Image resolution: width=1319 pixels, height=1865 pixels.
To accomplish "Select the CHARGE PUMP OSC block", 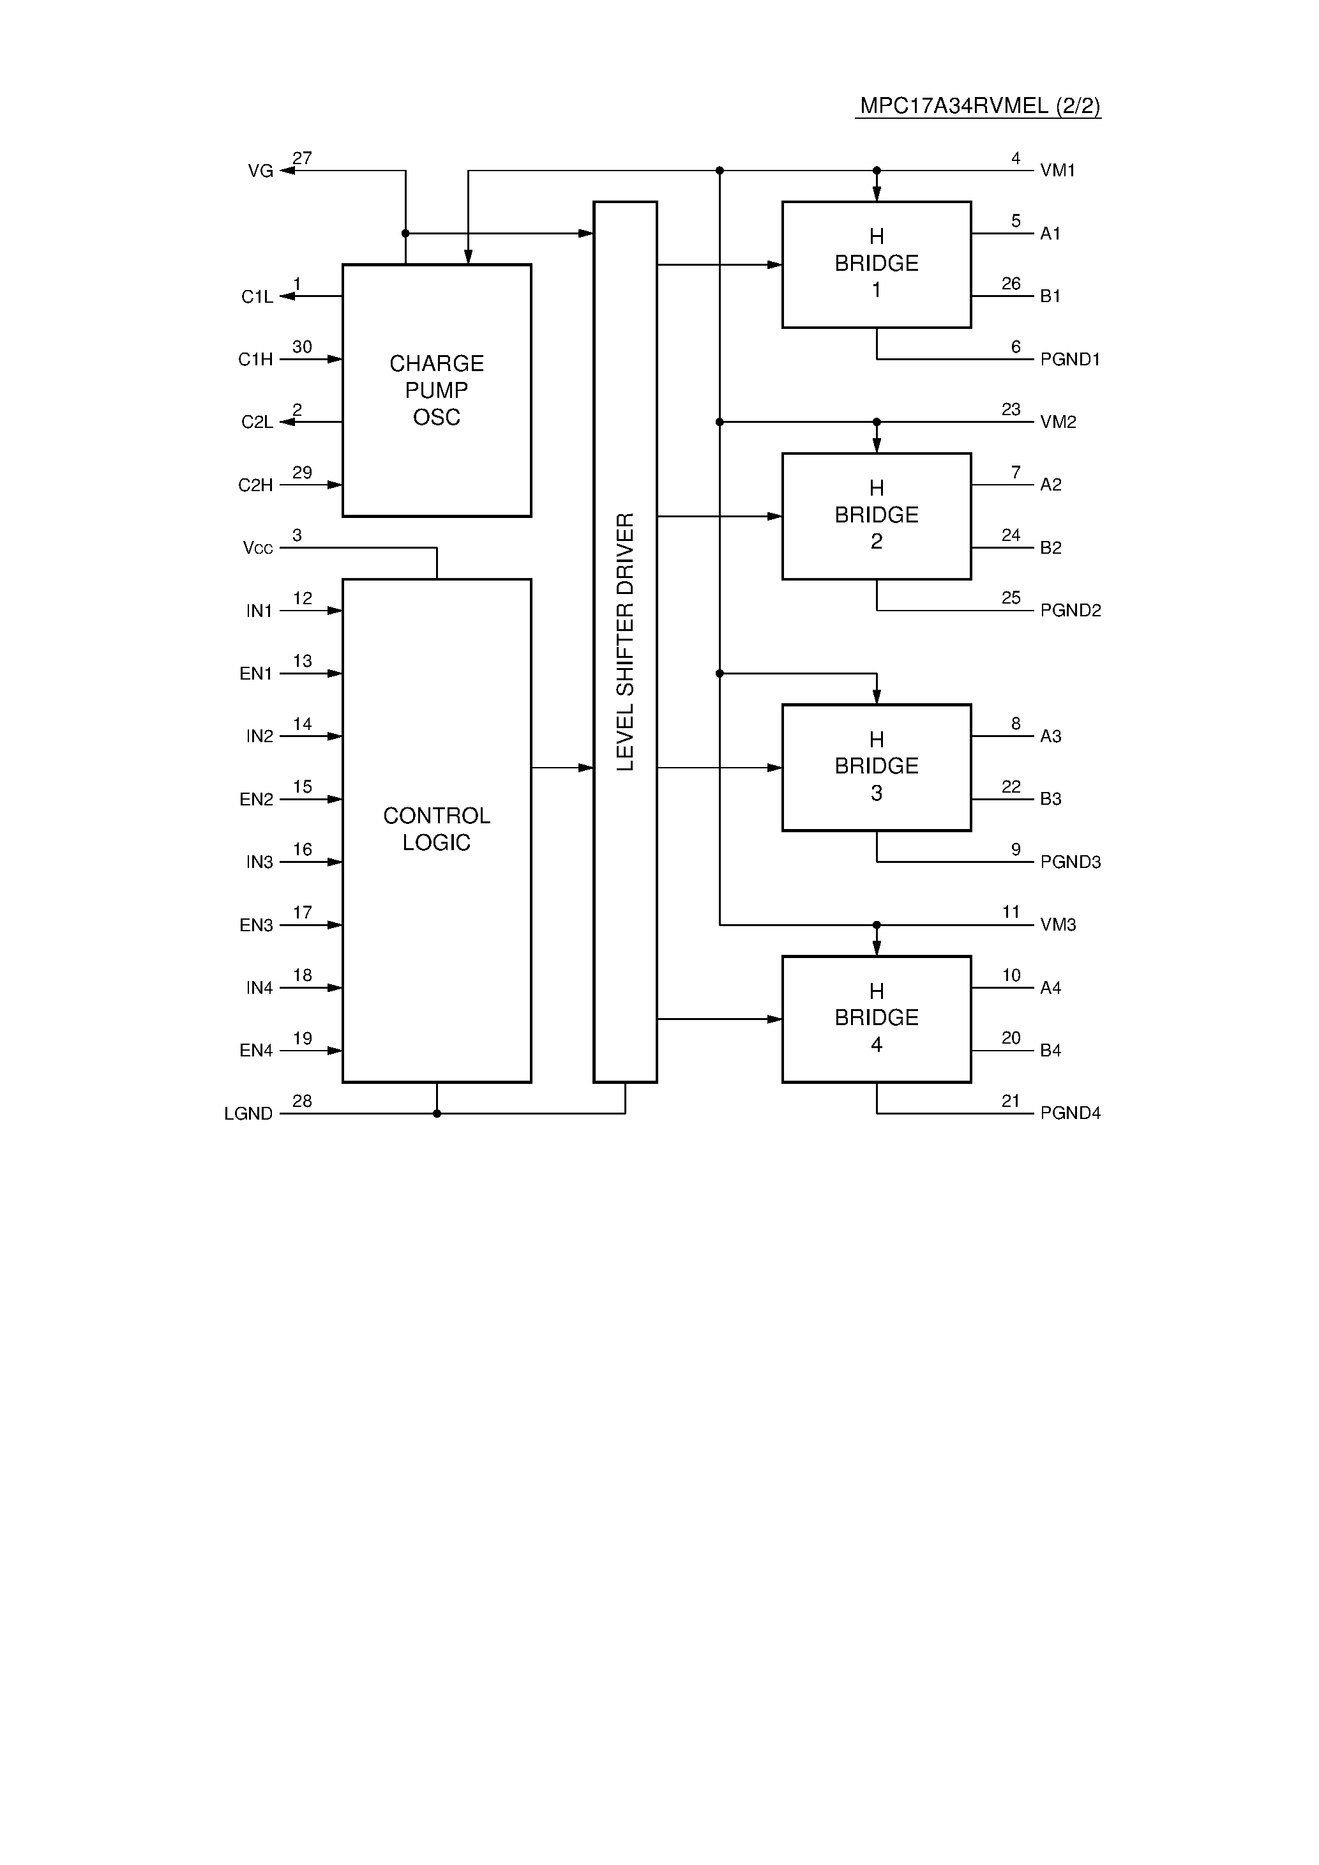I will [436, 390].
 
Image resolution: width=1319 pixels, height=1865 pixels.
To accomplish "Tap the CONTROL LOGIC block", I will [436, 829].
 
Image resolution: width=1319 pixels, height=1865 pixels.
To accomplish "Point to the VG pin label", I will [260, 171].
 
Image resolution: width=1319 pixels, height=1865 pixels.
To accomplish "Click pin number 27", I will [302, 158].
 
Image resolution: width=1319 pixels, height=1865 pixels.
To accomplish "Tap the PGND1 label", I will [1069, 359].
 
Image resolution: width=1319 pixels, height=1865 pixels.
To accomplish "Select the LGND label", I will [248, 1114].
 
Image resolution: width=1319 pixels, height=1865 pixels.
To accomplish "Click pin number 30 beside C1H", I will [302, 347].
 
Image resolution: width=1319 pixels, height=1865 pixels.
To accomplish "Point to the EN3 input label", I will [256, 925].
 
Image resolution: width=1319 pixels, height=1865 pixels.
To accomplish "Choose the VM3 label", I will [1057, 924].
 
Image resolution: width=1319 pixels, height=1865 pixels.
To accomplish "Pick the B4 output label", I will [1050, 1050].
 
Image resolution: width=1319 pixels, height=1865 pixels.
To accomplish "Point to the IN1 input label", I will [259, 611].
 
